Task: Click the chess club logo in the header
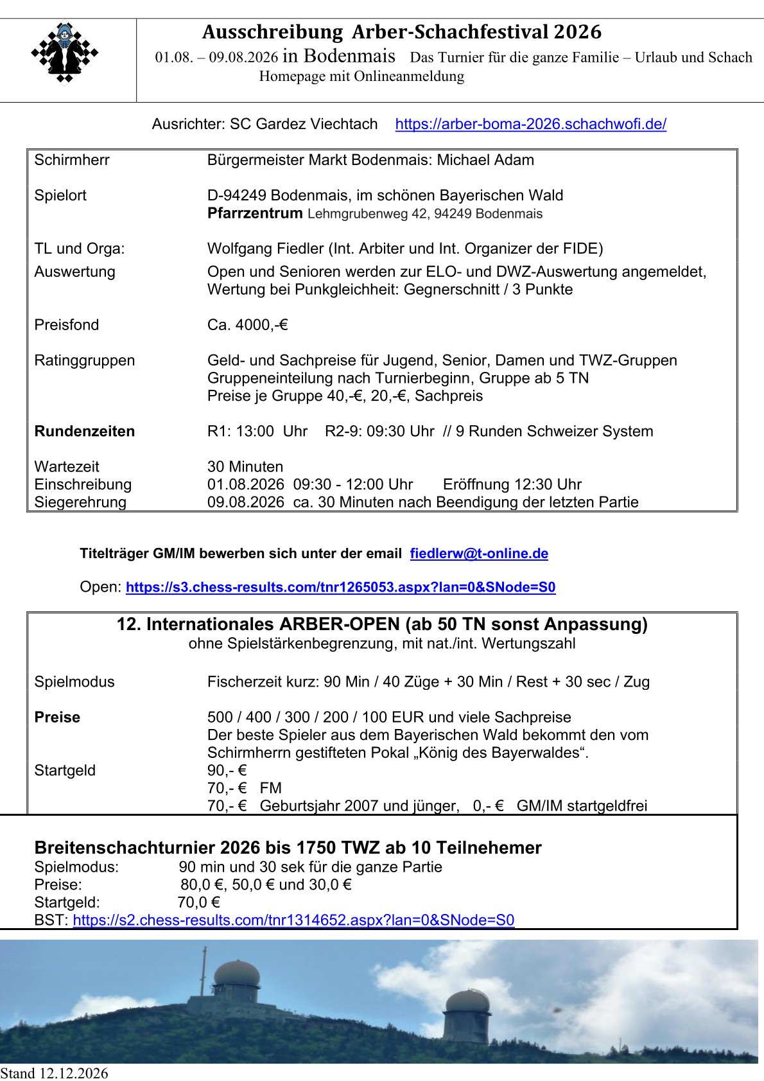tap(65, 53)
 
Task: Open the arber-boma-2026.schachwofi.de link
tap(530, 124)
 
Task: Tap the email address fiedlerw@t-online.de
tap(479, 554)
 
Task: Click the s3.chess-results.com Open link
tap(340, 587)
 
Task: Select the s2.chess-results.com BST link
tap(293, 920)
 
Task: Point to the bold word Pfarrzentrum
tap(254, 213)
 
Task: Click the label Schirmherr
tap(72, 160)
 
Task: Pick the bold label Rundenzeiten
tap(85, 431)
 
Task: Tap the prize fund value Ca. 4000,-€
tap(247, 325)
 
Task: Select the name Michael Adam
tap(485, 160)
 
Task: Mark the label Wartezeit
tap(67, 466)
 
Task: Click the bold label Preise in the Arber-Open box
tap(57, 717)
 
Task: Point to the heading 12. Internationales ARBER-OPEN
tap(381, 624)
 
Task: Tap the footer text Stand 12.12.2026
tap(55, 1073)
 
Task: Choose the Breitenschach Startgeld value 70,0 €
tap(198, 902)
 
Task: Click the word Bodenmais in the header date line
tap(349, 56)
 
